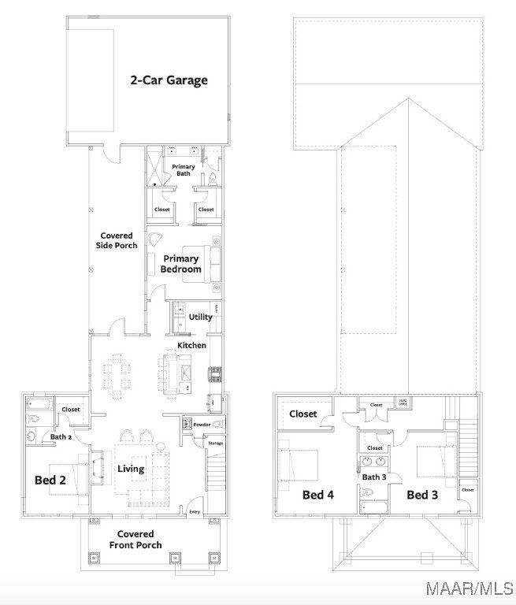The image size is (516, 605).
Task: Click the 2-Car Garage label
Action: click(169, 80)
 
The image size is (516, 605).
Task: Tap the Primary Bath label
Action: click(184, 171)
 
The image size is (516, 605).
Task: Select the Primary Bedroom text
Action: click(181, 264)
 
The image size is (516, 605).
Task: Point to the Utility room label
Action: click(200, 317)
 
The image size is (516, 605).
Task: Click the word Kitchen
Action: click(191, 345)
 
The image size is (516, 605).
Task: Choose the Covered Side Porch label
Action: click(118, 240)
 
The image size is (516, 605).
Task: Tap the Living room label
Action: click(131, 469)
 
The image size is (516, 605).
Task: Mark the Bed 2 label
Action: click(50, 479)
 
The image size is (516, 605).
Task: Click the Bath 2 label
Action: click(61, 436)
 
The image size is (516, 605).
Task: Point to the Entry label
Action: click(195, 512)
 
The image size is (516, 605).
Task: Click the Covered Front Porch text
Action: click(135, 540)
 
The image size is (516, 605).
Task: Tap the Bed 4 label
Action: click(318, 495)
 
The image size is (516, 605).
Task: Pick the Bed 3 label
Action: click(422, 495)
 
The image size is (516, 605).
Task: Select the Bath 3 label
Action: click(374, 477)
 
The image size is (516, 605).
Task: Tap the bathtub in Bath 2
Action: click(39, 406)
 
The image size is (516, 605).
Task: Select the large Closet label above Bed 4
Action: click(303, 414)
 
